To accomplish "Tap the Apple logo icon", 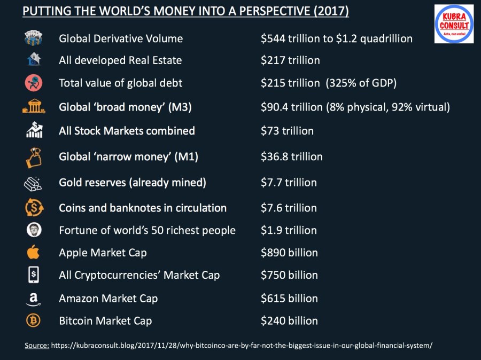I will [x=34, y=252].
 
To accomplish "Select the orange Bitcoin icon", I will [x=33, y=320].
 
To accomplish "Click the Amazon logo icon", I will [x=33, y=299].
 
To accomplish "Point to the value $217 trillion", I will [x=290, y=60].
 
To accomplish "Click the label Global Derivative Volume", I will [x=121, y=38].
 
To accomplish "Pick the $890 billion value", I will [x=289, y=253].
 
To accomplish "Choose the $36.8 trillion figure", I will [x=292, y=156].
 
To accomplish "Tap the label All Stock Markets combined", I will [x=127, y=131].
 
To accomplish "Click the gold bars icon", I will [x=33, y=183].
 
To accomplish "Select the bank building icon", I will [x=33, y=107].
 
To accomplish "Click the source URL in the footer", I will [x=242, y=346].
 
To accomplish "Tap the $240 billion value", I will [x=289, y=321].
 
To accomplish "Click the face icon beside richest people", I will [x=33, y=230].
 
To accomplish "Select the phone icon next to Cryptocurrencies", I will [x=33, y=275].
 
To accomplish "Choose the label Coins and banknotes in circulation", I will [x=143, y=208].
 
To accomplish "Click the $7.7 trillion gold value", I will [x=289, y=183].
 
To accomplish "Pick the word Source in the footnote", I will [x=37, y=346].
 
